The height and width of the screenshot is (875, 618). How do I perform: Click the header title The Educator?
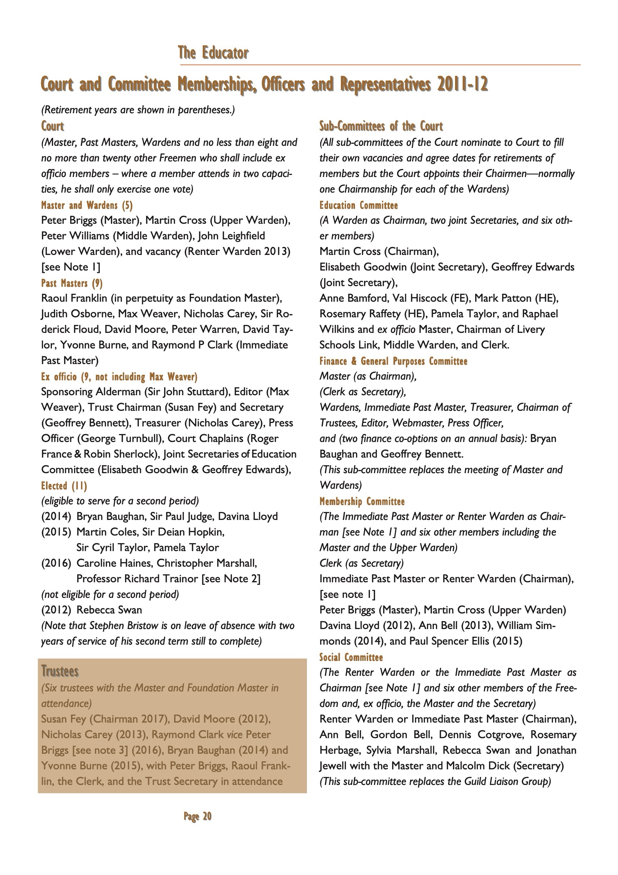pos(213,53)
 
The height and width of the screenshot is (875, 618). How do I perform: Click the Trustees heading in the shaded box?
pos(60,671)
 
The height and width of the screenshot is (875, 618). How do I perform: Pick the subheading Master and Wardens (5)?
pos(87,205)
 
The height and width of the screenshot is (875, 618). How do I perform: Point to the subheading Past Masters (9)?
pos(72,283)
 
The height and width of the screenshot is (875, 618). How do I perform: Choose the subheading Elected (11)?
pos(64,486)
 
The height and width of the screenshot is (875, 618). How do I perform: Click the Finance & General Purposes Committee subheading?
pos(393,361)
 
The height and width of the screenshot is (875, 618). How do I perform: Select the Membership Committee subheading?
pos(362,501)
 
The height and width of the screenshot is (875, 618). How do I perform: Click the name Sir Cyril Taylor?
pos(112,548)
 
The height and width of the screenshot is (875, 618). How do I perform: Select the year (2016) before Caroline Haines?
pos(56,563)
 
